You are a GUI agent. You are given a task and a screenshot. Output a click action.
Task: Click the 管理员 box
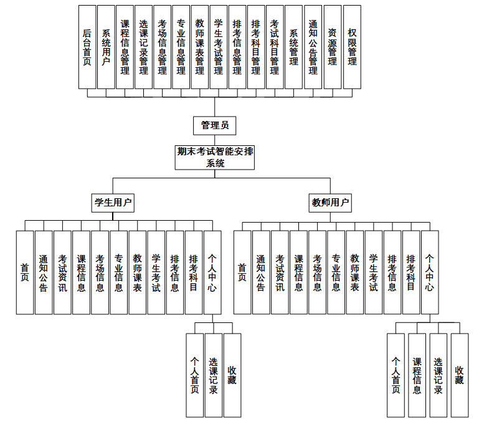215,125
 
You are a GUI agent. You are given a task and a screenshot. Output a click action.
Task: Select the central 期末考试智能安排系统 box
216,157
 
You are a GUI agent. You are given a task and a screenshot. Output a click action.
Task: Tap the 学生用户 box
113,202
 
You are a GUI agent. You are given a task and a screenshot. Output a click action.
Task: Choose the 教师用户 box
331,202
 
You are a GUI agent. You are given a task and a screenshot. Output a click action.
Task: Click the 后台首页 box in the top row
87,47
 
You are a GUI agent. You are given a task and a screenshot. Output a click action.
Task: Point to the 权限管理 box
352,47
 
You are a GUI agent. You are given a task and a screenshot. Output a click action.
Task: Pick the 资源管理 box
333,47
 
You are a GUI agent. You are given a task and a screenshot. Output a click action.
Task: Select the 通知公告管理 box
313,47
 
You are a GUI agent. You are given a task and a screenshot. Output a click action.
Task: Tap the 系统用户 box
106,47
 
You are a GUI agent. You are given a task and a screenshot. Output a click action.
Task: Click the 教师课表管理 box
199,47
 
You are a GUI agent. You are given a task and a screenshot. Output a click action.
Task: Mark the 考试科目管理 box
275,47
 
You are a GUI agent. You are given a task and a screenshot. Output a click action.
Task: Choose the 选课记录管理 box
143,47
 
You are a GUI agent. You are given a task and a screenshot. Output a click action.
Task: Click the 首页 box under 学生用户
25,272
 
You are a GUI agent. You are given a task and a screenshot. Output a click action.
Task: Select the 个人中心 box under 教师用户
430,272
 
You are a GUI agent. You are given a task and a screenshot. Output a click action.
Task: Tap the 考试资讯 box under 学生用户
62,272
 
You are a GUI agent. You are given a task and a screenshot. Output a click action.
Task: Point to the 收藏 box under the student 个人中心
232,375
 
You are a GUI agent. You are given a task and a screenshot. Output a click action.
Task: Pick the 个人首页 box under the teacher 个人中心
396,375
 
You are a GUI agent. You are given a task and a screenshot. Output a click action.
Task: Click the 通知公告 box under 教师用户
261,272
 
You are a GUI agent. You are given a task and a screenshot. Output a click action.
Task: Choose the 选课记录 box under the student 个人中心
213,375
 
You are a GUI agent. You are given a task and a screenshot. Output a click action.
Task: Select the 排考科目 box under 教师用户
411,272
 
